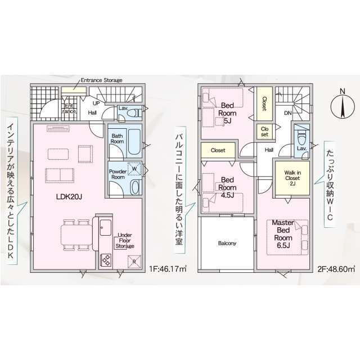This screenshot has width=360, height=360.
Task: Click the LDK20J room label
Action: (x=69, y=196)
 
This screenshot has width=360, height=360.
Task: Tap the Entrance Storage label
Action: (x=101, y=80)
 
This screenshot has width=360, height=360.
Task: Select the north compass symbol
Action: (x=342, y=105)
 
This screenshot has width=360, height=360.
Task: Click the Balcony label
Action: (x=227, y=243)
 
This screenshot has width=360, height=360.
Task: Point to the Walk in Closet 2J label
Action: (x=292, y=178)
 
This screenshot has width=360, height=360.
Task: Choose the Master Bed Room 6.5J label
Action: (x=283, y=234)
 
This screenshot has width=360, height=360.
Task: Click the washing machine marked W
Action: (x=134, y=169)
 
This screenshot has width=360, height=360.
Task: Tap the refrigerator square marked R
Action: (x=134, y=262)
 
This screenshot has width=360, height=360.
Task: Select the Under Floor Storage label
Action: (x=125, y=241)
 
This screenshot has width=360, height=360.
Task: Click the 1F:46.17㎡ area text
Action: (x=168, y=269)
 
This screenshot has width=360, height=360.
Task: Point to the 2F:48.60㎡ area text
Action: (x=336, y=269)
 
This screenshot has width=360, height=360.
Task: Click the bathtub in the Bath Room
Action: (x=134, y=142)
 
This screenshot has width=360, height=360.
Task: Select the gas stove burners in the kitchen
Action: (x=106, y=260)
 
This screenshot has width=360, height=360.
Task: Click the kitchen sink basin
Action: (x=106, y=227)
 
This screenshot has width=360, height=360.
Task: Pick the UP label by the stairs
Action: (x=96, y=103)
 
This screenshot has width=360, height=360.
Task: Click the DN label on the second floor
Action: (x=288, y=113)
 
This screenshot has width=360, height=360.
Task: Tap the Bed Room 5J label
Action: (x=227, y=113)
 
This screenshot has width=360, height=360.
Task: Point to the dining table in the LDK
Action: (x=76, y=235)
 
